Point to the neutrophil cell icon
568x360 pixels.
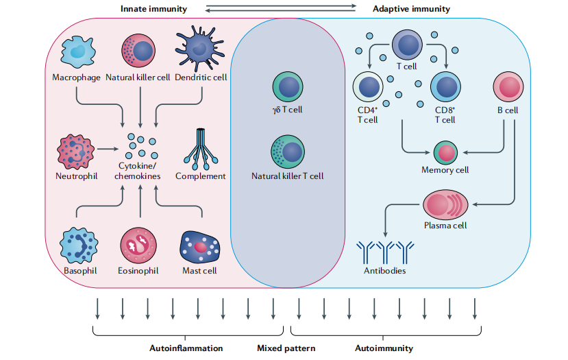click(76, 148)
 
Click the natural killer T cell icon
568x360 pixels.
click(287, 152)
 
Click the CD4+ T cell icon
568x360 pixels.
click(368, 89)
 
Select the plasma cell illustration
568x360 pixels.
click(445, 204)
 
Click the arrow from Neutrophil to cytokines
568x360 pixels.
click(108, 147)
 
